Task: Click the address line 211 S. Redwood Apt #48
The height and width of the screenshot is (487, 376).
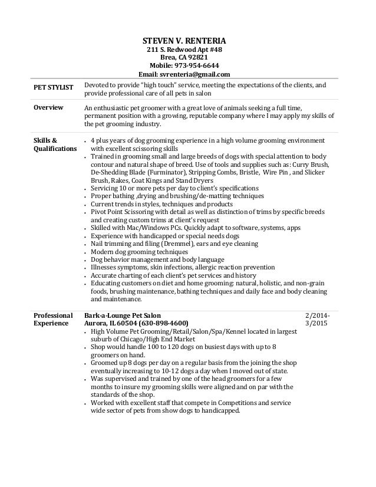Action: pos(184,50)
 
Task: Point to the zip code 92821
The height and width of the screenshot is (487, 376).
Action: pos(197,58)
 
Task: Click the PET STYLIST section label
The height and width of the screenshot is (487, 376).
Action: pos(53,88)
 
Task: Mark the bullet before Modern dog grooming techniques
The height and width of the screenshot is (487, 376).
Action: pos(86,252)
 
